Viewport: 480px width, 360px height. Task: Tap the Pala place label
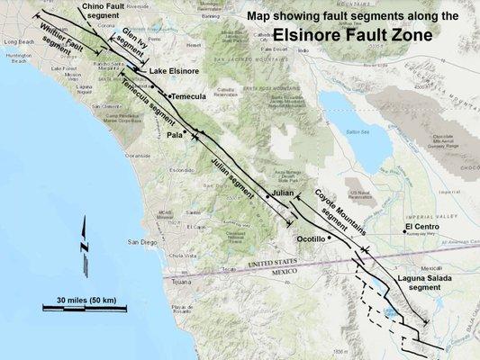coord(175,137)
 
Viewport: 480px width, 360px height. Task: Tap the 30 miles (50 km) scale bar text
coord(83,299)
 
